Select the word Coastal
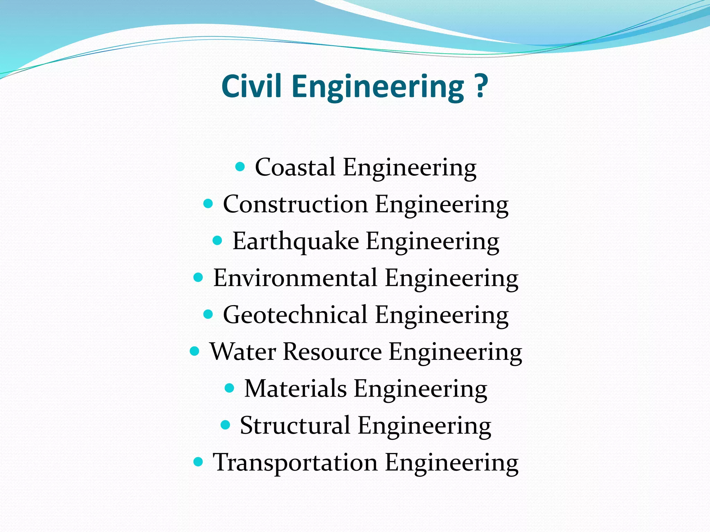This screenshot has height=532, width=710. [295, 167]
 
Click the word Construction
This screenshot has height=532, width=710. [295, 204]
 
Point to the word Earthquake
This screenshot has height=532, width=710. [295, 241]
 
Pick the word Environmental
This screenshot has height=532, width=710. [295, 278]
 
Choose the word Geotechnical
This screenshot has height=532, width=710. [295, 315]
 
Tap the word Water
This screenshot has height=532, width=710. [243, 352]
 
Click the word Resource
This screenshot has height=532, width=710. [332, 352]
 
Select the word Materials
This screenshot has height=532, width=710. [295, 389]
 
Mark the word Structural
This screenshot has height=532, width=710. [295, 425]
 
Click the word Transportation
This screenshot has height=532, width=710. [295, 462]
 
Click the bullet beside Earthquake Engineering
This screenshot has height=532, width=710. [217, 240]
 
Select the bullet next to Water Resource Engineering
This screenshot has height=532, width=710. [195, 351]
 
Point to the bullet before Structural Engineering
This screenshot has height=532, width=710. [225, 425]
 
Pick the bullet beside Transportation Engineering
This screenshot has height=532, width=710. [198, 462]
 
